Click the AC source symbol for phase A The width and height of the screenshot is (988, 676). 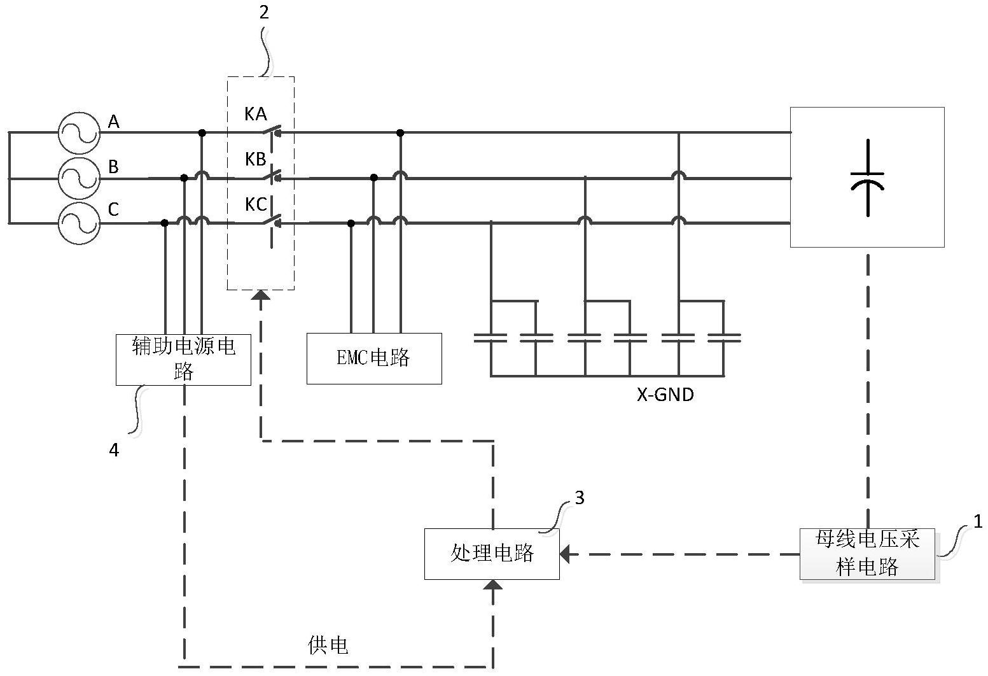[79, 133]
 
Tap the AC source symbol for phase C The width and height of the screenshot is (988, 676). [79, 223]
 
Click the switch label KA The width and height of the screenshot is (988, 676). [256, 115]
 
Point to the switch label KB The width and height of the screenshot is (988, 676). [256, 159]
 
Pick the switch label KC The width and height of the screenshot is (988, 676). [256, 204]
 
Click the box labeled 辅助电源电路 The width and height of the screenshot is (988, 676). [183, 359]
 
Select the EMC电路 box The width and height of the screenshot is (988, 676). [374, 358]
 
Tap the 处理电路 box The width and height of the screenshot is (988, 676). [492, 553]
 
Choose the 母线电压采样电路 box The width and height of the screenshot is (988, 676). [867, 553]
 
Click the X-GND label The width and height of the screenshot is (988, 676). [665, 395]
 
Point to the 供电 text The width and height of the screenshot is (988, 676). [328, 645]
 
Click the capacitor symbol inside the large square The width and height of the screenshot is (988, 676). [867, 178]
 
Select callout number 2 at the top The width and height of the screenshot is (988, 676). [264, 13]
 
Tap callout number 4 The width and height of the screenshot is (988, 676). [114, 450]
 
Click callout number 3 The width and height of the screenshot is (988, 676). [579, 498]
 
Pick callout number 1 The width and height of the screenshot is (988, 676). [978, 522]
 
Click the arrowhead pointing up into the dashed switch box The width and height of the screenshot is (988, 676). [261, 295]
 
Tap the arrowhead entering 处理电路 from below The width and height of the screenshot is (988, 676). [493, 584]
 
